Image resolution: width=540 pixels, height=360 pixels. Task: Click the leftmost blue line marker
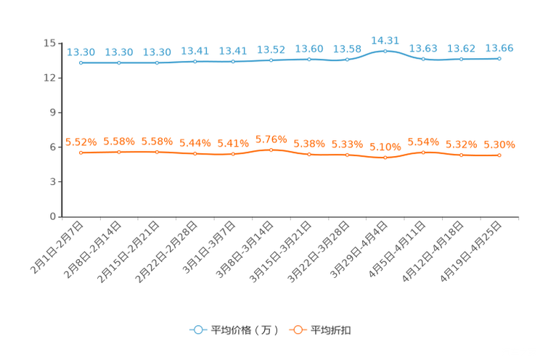[x=81, y=63]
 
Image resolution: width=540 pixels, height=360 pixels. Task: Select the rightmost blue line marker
[x=499, y=59]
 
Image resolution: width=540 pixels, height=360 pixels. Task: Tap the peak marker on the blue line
[x=385, y=50]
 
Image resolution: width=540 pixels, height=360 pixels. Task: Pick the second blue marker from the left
[x=119, y=63]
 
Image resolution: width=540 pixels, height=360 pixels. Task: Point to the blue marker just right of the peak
[x=423, y=59]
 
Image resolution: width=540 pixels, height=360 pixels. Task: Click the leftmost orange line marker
[x=81, y=152]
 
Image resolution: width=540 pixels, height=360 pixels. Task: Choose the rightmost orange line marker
[x=499, y=155]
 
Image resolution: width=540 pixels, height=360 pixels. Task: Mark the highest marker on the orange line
[x=271, y=150]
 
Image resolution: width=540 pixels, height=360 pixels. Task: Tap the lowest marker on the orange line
[x=385, y=157]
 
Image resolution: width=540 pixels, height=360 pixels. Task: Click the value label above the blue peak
[x=385, y=39]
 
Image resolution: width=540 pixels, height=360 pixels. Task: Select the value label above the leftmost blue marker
[x=81, y=52]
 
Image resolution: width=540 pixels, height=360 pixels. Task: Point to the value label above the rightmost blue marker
[x=499, y=48]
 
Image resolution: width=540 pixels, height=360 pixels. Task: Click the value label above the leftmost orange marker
[x=81, y=142]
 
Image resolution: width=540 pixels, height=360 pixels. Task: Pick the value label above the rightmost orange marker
[x=499, y=144]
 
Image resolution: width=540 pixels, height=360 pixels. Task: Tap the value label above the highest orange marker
[x=271, y=139]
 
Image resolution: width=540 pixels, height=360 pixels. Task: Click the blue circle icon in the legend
[x=197, y=330]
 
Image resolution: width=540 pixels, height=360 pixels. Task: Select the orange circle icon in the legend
[x=297, y=330]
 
